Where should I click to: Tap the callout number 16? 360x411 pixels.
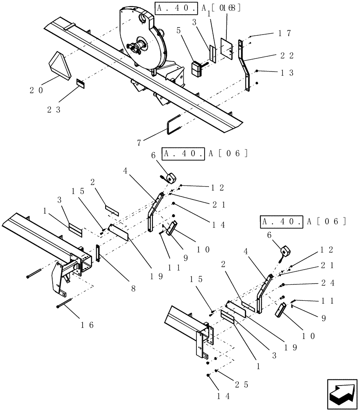[88, 325]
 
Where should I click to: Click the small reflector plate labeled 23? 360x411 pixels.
[81, 84]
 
